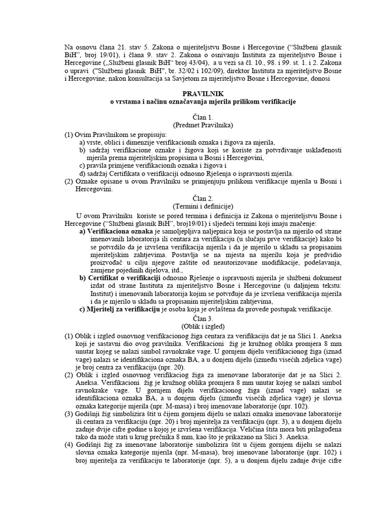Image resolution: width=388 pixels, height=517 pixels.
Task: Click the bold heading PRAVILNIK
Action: (195, 94)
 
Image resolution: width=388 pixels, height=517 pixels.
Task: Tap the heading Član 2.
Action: (195, 198)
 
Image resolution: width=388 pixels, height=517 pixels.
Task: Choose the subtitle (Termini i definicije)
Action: (195, 206)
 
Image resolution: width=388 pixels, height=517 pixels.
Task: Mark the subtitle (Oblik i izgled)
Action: (195, 327)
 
